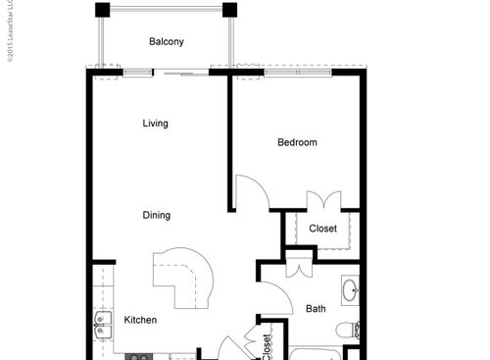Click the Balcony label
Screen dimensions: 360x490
[x=167, y=41]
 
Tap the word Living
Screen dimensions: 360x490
[x=155, y=124]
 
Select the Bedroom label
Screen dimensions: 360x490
[x=297, y=142]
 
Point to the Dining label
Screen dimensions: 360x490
[x=156, y=216]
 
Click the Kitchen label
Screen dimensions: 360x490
[x=140, y=320]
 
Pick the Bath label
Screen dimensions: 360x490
[x=316, y=308]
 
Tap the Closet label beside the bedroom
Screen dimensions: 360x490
[x=322, y=229]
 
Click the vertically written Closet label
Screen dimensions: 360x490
[x=267, y=346]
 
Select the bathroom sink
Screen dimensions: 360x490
[x=350, y=291]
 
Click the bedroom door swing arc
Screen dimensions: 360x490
[x=254, y=192]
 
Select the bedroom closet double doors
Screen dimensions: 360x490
[x=321, y=201]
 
